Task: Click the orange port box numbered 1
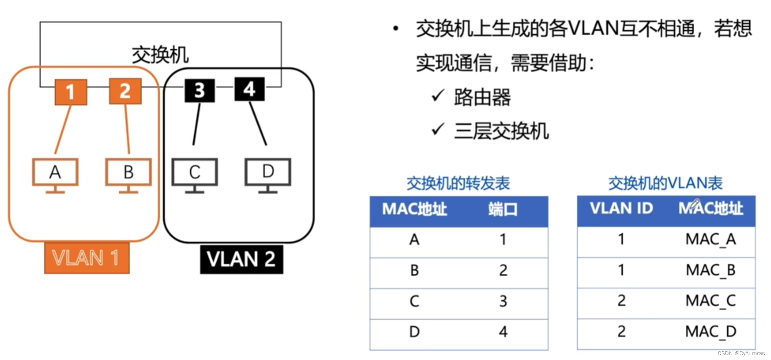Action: [71, 92]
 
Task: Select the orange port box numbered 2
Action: [125, 91]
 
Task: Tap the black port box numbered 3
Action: [200, 90]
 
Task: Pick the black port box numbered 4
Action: [249, 89]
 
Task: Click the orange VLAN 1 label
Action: [86, 258]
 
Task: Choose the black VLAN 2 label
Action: [241, 259]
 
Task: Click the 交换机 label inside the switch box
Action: [160, 55]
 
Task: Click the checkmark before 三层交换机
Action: [438, 129]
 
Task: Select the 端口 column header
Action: [503, 209]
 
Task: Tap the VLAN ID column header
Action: [621, 208]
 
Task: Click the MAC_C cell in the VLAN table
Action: [710, 301]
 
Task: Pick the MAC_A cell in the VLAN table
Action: [710, 239]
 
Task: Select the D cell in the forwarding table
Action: [414, 332]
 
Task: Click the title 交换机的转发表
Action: [458, 184]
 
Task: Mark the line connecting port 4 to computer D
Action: [258, 124]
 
